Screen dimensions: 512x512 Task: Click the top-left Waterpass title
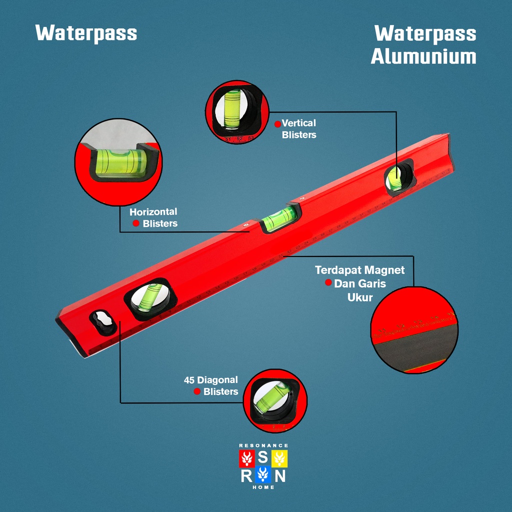pos(86,33)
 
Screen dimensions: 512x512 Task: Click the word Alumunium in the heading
pos(423,56)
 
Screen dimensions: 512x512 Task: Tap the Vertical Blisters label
pos(298,128)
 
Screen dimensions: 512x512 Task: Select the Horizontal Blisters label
pos(153,217)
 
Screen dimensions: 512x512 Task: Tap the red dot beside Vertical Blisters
pos(277,123)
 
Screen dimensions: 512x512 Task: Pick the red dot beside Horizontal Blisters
pos(136,223)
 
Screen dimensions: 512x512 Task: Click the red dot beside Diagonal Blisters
pos(197,391)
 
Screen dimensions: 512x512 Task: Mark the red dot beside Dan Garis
pos(328,282)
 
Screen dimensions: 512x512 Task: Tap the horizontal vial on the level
pos(279,218)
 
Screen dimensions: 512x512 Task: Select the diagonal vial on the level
pos(148,298)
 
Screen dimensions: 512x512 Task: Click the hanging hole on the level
pos(103,322)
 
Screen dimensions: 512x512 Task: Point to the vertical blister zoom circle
pos(237,112)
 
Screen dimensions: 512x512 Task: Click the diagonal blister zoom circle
pos(275,400)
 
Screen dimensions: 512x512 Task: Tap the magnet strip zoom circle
pos(414,330)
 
